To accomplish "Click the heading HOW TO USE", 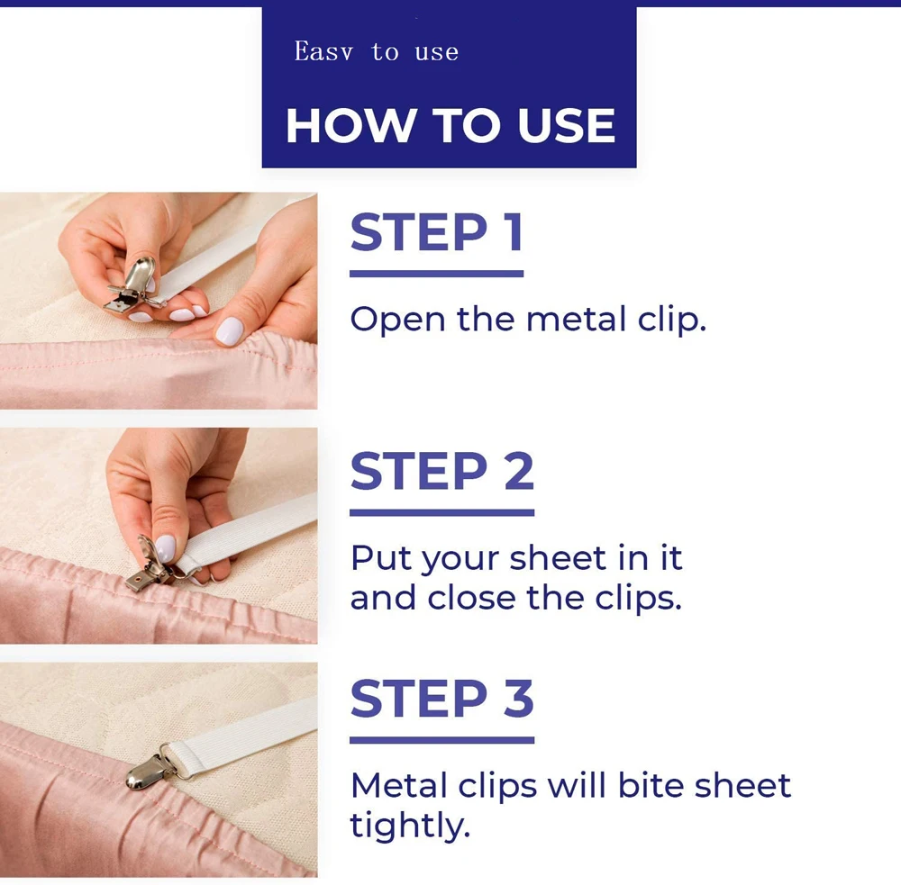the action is pyautogui.click(x=450, y=125).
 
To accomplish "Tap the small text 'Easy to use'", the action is pyautogui.click(x=377, y=51).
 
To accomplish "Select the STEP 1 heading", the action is pyautogui.click(x=437, y=232).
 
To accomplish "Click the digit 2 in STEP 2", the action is pyautogui.click(x=519, y=471).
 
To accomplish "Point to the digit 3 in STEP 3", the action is pyautogui.click(x=519, y=698).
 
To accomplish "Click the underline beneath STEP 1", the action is pyautogui.click(x=437, y=274).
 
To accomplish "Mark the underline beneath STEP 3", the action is pyautogui.click(x=441, y=740).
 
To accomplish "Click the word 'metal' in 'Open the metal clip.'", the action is pyautogui.click(x=576, y=319).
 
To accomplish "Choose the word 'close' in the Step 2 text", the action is pyautogui.click(x=472, y=598).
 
